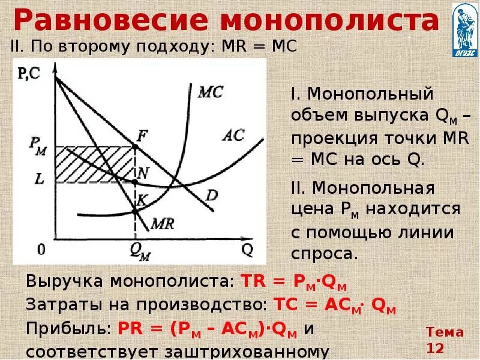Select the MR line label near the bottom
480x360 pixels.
click(x=163, y=224)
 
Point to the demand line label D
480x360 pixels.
click(x=212, y=196)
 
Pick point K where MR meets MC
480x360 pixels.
click(x=133, y=210)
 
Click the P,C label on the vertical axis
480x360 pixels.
click(x=28, y=74)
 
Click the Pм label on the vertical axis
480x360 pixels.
click(x=37, y=145)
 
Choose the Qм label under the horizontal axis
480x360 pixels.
click(x=139, y=250)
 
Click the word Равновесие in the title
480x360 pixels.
click(x=111, y=21)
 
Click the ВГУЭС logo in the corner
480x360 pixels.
click(x=464, y=29)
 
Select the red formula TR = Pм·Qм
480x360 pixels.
click(x=294, y=282)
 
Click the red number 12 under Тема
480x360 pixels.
click(x=435, y=347)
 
